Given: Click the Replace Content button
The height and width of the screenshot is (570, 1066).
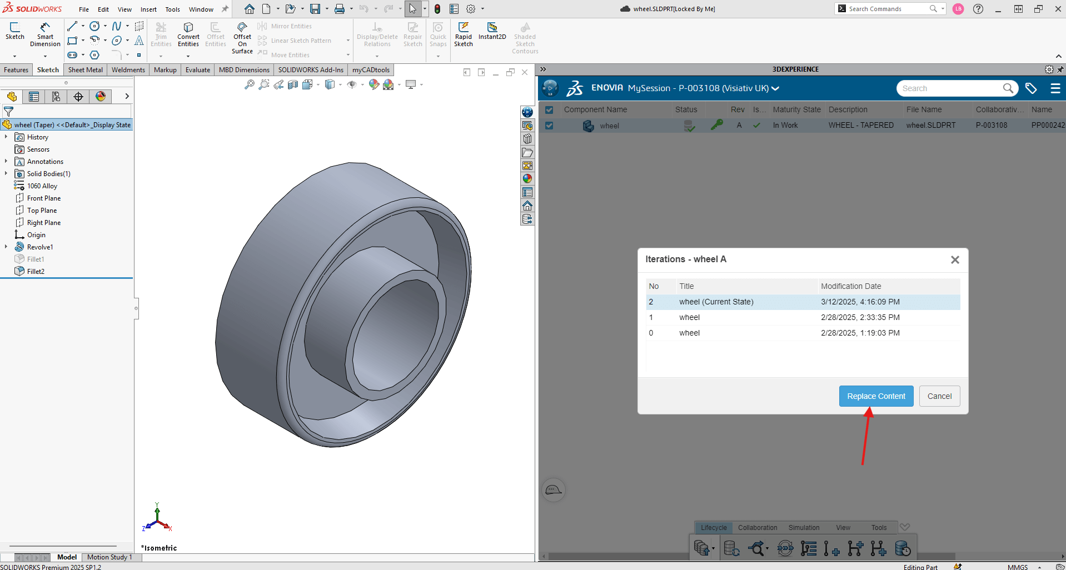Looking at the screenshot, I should tap(876, 396).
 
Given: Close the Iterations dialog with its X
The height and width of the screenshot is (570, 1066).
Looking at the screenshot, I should tap(955, 259).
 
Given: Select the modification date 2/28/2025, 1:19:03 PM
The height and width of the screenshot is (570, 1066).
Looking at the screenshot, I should tap(860, 333).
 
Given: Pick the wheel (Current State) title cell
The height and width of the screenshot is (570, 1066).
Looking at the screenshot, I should tap(716, 302).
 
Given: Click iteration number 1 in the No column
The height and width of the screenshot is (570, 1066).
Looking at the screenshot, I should tap(651, 317).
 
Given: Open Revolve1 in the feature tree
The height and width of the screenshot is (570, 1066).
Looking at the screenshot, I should tap(40, 247).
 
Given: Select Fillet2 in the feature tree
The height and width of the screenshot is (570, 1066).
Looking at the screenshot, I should tap(36, 272).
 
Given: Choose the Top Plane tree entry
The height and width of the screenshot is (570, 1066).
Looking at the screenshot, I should tap(42, 211).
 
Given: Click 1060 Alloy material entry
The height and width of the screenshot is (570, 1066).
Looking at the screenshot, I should tap(42, 186).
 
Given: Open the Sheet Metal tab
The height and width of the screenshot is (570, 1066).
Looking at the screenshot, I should tap(85, 70).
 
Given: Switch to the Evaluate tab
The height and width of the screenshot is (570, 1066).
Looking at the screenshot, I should tap(197, 70).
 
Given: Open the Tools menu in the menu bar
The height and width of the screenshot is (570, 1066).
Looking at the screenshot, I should tap(172, 9).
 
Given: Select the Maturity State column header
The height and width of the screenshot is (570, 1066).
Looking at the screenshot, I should tap(796, 109).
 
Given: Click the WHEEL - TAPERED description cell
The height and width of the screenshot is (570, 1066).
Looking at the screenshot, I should tap(861, 126).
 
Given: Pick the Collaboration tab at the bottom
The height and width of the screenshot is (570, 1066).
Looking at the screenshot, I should tap(758, 528).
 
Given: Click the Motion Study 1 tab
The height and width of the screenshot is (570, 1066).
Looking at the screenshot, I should tap(109, 557).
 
